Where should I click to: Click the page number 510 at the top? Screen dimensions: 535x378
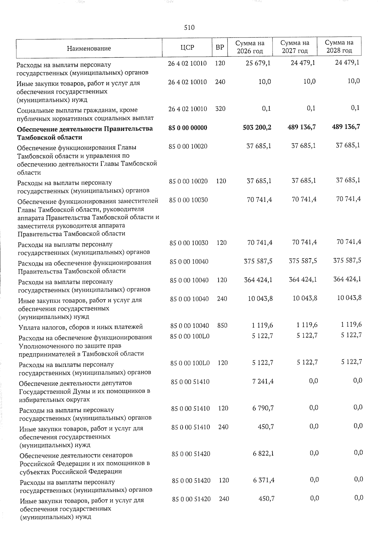click(189, 28)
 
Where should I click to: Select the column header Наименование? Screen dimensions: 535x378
click(89, 48)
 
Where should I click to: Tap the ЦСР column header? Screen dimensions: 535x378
click(187, 48)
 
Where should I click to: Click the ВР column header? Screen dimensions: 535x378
click(220, 48)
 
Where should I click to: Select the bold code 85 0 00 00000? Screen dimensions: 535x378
click(188, 128)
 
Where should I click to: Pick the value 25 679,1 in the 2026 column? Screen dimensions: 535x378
click(259, 63)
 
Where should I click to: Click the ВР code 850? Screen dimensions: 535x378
click(222, 325)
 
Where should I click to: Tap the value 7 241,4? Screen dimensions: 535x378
click(263, 381)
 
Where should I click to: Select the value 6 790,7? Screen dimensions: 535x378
click(263, 408)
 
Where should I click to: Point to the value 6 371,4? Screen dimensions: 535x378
click(263, 480)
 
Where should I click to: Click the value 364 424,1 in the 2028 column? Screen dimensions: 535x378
click(347, 279)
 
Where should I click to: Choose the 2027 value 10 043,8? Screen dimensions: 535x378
click(305, 298)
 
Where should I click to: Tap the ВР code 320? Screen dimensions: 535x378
click(220, 109)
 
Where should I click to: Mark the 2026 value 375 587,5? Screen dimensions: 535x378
click(258, 261)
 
